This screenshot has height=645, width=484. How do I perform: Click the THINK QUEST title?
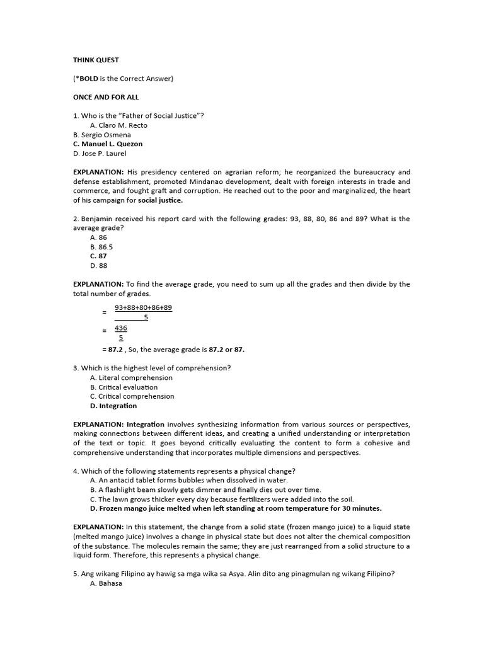tap(96, 60)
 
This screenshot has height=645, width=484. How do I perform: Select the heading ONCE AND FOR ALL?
tap(106, 98)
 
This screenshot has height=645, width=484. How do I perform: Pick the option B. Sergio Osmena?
tap(103, 135)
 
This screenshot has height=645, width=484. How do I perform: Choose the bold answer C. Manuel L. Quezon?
tap(108, 144)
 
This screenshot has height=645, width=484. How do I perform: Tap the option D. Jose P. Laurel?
tap(100, 153)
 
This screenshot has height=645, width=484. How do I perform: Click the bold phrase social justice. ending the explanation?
tap(160, 200)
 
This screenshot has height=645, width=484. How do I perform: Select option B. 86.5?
tap(101, 247)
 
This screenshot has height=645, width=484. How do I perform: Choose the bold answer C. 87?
tap(98, 256)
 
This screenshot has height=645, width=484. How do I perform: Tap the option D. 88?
tap(98, 265)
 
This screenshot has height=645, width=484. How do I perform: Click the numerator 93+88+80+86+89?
tap(143, 308)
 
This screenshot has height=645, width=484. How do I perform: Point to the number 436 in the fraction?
tap(121, 328)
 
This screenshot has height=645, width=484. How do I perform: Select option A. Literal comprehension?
tap(131, 378)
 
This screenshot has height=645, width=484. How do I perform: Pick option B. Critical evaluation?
tap(124, 387)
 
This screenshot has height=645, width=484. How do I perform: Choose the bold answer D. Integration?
tap(113, 406)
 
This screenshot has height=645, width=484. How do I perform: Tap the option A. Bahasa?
tap(106, 583)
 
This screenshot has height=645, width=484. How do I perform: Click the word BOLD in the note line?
tap(89, 79)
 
